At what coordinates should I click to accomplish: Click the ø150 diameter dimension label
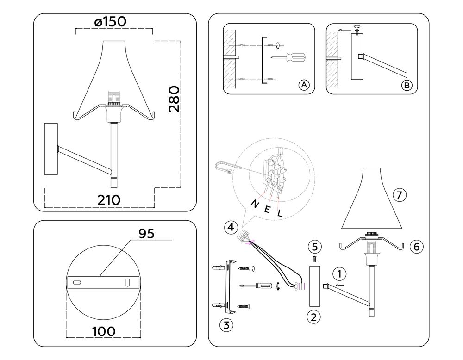tap(110, 22)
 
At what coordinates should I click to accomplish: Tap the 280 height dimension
tap(174, 99)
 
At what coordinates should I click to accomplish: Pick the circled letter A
tap(303, 85)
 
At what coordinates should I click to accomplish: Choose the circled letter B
tap(406, 85)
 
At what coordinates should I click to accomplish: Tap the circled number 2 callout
tap(313, 317)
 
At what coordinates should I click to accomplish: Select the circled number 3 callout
tap(226, 325)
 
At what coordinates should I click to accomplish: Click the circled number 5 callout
tap(314, 245)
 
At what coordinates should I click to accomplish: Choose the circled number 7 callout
tap(400, 195)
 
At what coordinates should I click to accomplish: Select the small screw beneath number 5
tap(314, 257)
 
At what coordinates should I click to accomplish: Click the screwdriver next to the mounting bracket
tap(259, 286)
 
